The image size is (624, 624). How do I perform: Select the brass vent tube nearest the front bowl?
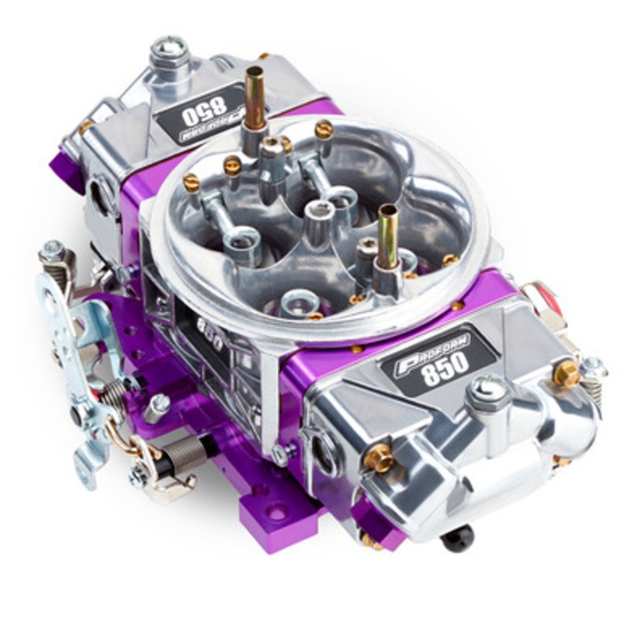[388, 234]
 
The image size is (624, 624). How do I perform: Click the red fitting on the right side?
[544, 297]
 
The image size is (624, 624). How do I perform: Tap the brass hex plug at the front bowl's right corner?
[566, 374]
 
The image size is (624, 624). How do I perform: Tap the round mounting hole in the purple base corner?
[276, 512]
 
